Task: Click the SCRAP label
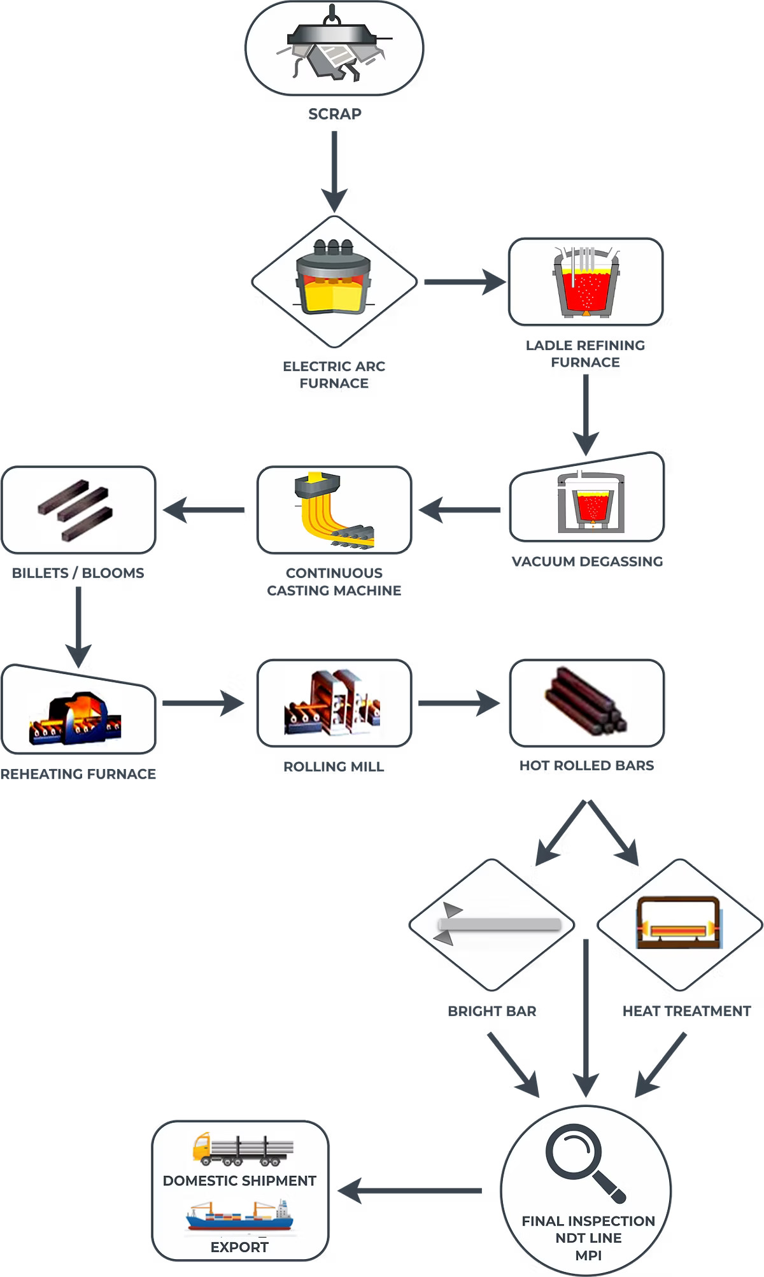(335, 114)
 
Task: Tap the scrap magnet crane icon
(334, 48)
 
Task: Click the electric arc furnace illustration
(333, 279)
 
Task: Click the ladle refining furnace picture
(586, 282)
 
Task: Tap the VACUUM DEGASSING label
(587, 561)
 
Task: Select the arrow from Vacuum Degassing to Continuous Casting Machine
(460, 510)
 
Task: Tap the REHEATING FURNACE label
(78, 774)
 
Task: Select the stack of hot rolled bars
(586, 702)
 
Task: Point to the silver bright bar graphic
(498, 924)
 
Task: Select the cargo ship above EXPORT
(239, 1216)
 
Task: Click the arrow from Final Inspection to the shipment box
(411, 1190)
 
